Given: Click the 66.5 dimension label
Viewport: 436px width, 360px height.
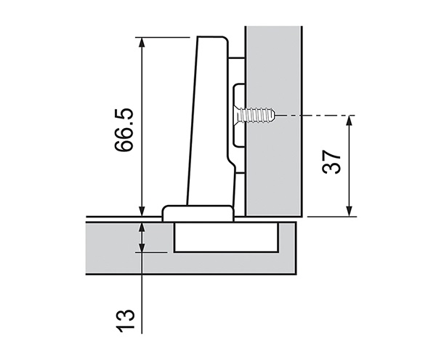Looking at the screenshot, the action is tap(124, 129).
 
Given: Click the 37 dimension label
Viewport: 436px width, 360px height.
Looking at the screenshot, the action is tap(331, 162).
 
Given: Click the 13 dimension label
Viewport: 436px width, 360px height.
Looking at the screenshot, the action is tap(125, 321).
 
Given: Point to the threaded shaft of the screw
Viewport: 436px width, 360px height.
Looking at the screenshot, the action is tap(259, 115).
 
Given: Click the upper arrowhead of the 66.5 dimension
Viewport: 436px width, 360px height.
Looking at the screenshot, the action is tap(142, 42).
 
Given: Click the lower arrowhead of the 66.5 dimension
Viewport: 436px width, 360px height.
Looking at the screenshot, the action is tap(142, 211).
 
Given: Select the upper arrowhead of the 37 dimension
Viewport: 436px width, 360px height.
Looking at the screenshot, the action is tap(350, 121).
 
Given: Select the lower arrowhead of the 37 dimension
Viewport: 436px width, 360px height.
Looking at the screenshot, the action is tap(350, 211).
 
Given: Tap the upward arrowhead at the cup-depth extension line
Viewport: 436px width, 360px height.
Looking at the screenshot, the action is tap(142, 228).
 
